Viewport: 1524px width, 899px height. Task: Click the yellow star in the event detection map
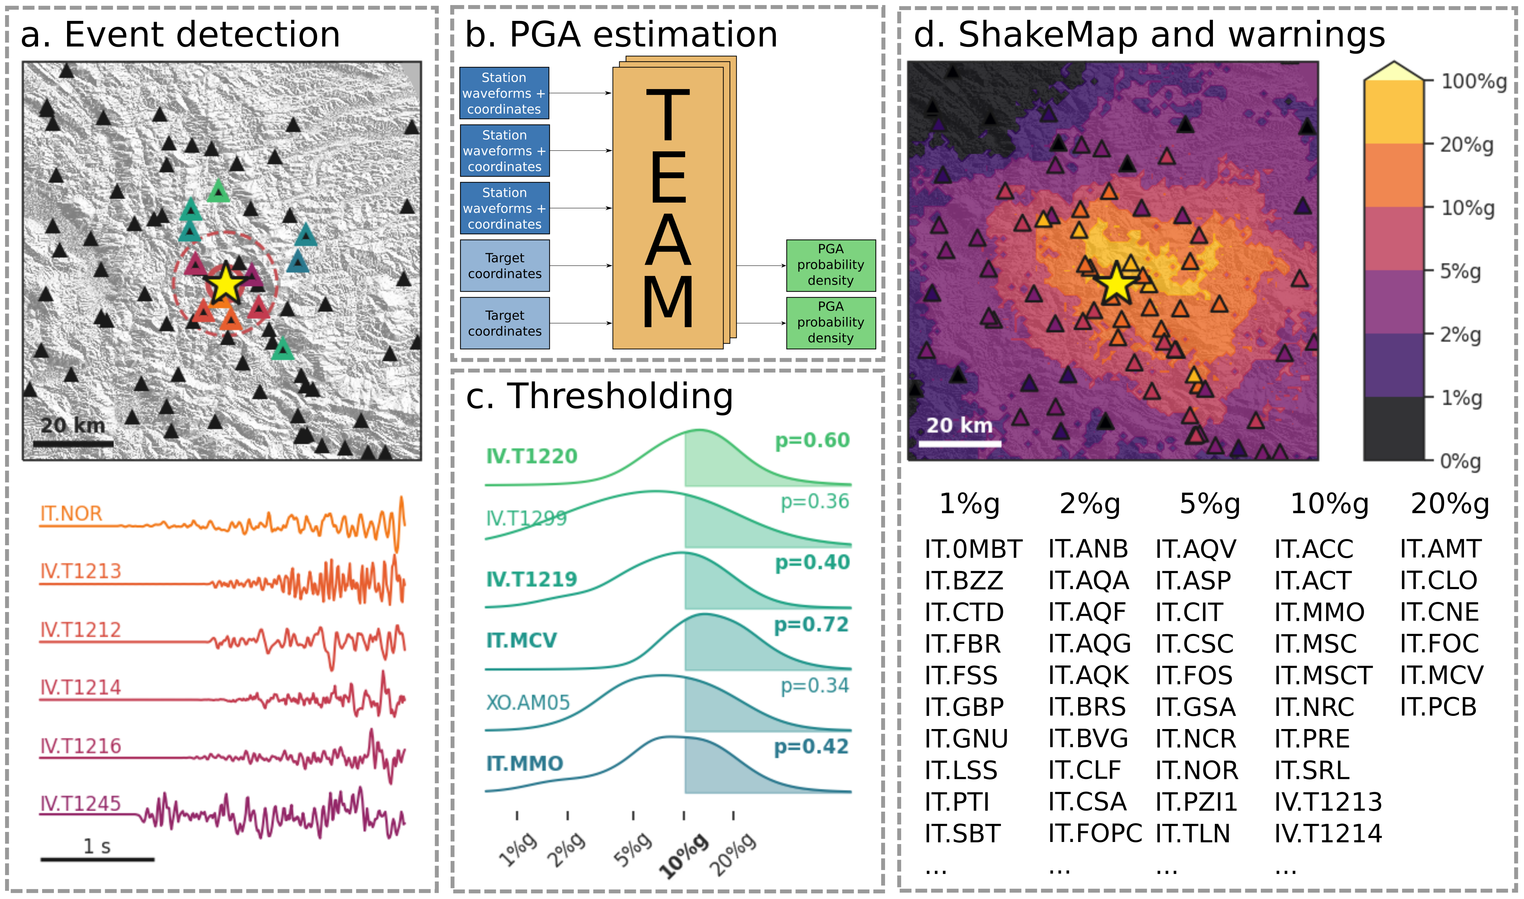225,284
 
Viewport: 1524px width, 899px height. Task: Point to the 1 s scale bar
97,859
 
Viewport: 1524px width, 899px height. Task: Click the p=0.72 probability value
811,625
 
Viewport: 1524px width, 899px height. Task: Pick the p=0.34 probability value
814,686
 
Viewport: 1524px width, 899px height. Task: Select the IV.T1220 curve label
531,456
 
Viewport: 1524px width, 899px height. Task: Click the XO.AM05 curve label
528,703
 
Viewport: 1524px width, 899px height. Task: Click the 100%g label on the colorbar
1473,81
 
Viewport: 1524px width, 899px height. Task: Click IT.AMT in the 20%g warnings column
1440,549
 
